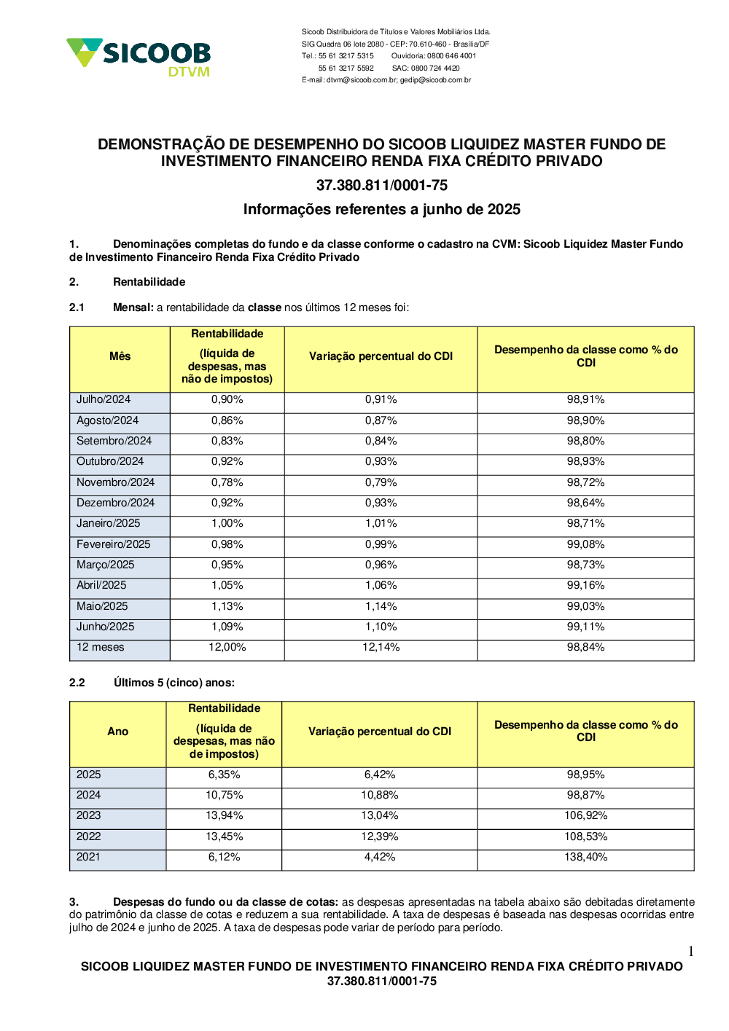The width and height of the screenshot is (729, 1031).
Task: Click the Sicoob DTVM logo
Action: pos(139,56)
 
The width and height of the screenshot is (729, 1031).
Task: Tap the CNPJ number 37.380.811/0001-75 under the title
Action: pos(381,185)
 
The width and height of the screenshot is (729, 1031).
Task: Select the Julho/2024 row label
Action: pos(104,399)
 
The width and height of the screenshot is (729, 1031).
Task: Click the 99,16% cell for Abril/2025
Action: pos(585,585)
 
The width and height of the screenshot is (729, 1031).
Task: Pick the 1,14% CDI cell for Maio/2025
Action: pos(381,606)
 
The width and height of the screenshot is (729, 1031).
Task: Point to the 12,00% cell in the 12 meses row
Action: pos(227,647)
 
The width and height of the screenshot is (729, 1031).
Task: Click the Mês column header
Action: pos(120,356)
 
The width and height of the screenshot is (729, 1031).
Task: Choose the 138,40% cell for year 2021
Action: pos(585,857)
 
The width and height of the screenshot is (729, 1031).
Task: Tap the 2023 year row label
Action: pos(89,815)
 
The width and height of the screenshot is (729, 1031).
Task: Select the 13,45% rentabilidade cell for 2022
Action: pos(224,836)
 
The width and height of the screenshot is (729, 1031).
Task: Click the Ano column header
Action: pos(117,732)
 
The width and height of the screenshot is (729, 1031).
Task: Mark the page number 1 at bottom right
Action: pos(690,951)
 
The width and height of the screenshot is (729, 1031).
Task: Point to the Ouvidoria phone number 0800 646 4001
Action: pos(451,56)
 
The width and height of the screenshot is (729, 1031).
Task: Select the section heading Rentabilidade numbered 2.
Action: pos(149,282)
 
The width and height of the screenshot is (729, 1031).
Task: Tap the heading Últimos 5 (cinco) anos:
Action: pos(174,683)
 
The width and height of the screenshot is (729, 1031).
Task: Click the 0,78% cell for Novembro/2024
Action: pos(227,482)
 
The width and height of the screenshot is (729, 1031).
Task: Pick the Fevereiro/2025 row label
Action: pos(113,544)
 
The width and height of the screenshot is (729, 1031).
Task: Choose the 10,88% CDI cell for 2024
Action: pos(379,795)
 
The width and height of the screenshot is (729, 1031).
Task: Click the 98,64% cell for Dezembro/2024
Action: pos(585,503)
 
